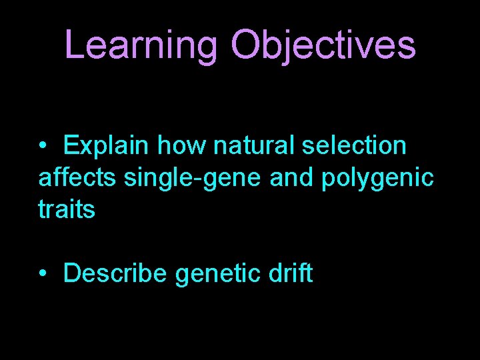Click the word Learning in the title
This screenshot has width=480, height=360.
141,45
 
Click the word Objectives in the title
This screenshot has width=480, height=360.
323,45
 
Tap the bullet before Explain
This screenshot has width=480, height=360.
43,146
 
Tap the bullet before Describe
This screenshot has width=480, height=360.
43,274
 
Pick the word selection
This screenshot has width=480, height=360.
353,145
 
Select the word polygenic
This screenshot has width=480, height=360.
378,179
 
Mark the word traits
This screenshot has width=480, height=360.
67,210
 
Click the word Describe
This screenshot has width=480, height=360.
116,273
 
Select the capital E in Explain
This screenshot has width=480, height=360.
71,145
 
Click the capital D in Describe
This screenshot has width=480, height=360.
71,273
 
